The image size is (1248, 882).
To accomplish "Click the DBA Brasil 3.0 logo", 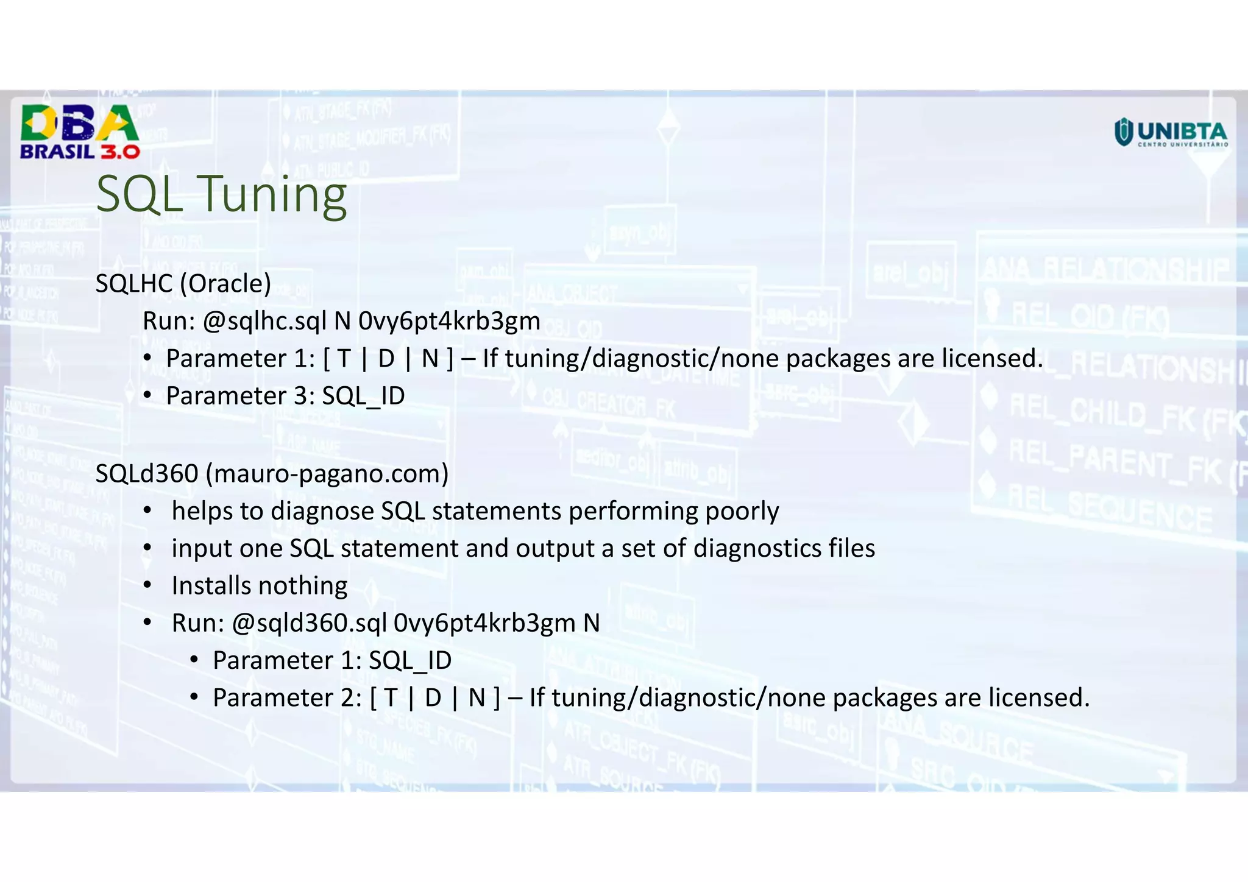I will [x=80, y=132].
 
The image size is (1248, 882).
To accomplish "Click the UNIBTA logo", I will [x=1171, y=133].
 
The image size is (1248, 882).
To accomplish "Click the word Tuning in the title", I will [x=274, y=194].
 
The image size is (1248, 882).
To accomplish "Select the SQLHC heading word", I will [x=134, y=284].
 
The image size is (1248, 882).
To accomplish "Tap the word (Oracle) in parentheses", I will [x=225, y=284].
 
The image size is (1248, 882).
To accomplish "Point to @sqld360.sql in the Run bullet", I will [x=310, y=623].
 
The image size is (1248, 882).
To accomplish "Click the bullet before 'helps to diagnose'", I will [x=147, y=511].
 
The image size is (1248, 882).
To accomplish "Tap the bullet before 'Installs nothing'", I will [x=147, y=586].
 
